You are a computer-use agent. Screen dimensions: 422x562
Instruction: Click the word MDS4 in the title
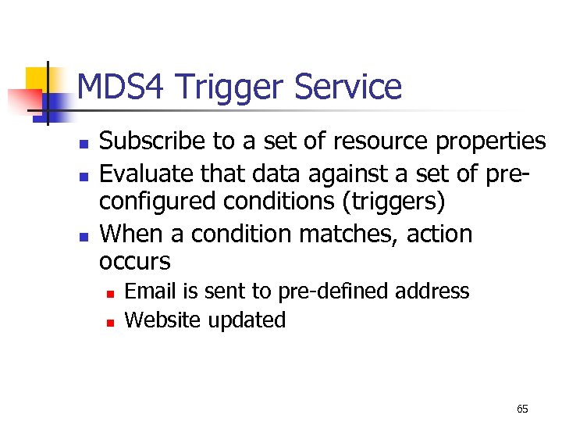point(123,87)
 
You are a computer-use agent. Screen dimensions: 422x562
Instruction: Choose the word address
point(432,291)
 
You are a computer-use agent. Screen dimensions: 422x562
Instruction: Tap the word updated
point(248,320)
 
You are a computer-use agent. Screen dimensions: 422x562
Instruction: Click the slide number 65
point(522,409)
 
